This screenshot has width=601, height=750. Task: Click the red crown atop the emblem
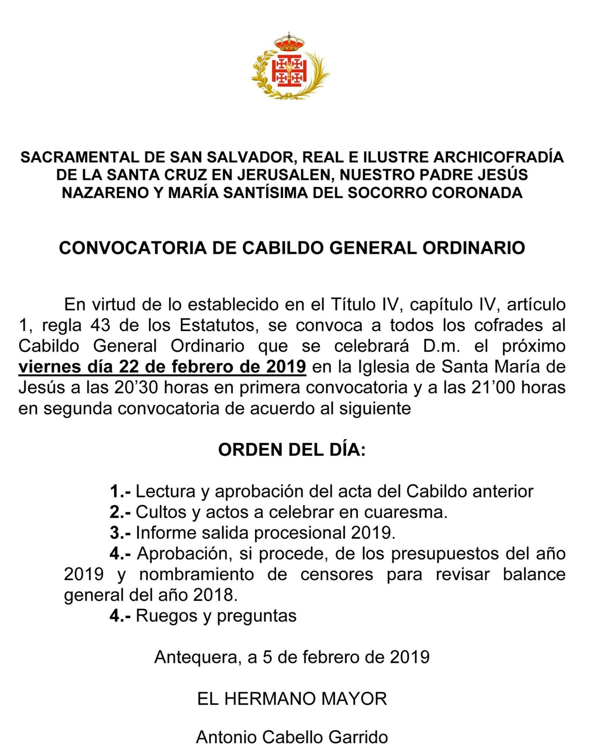click(289, 43)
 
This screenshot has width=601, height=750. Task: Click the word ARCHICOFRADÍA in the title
click(498, 157)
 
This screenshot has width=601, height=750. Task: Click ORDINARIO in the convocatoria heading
click(473, 248)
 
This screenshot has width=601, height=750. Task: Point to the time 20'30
click(136, 388)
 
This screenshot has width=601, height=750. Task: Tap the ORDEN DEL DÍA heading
click(292, 450)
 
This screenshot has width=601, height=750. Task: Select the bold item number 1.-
click(120, 492)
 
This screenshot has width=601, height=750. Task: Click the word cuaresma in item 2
click(405, 512)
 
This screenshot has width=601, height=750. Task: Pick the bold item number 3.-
click(120, 533)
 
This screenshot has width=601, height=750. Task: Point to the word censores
click(336, 575)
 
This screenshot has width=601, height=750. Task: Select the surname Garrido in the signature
click(358, 737)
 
